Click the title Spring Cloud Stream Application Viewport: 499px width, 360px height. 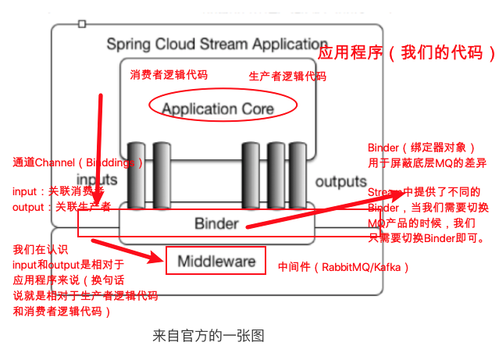(x=216, y=44)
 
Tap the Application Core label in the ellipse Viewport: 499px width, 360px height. (x=218, y=109)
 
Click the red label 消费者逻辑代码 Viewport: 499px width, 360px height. (x=169, y=74)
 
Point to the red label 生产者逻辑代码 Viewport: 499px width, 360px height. (x=287, y=77)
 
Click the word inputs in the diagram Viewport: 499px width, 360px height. (x=98, y=180)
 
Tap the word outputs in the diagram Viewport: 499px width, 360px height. (x=340, y=181)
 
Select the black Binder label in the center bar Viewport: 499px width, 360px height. (x=216, y=224)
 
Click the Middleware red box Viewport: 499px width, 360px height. (x=216, y=260)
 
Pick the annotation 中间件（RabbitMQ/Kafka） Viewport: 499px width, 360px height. (x=343, y=267)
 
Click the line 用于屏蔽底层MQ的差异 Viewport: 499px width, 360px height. (x=426, y=163)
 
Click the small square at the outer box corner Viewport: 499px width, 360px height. (x=82, y=24)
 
